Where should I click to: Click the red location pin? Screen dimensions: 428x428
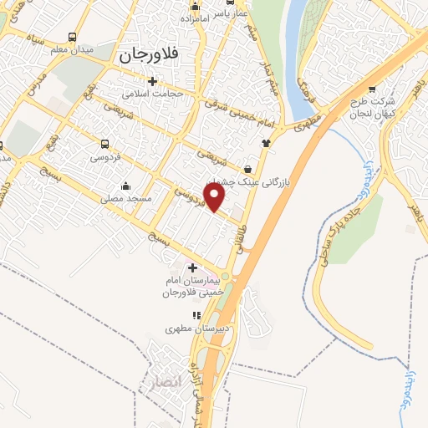(x=216, y=197)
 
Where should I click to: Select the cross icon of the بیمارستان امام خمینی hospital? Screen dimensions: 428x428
(x=193, y=268)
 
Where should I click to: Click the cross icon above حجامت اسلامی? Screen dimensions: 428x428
(x=152, y=82)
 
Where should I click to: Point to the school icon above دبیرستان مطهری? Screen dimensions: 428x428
(x=196, y=315)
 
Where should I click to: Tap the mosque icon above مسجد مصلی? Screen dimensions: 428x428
(x=125, y=186)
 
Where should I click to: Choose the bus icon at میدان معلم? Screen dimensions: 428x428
(x=72, y=38)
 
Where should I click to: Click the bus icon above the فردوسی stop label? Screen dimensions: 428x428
(x=104, y=143)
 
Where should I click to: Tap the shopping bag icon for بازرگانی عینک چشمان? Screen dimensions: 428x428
(x=248, y=168)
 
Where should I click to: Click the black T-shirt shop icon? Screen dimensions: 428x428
(x=267, y=141)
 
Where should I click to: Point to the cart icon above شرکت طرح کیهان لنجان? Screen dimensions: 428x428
(x=372, y=91)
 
